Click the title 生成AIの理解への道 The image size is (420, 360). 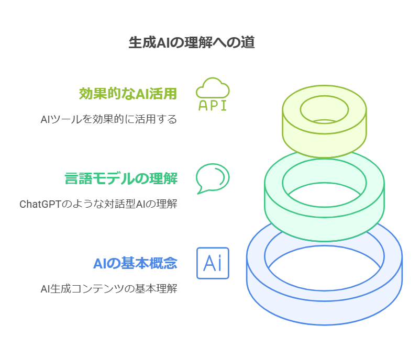click(x=192, y=42)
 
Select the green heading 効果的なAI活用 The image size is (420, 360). click(x=128, y=94)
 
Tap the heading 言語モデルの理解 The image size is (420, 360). click(x=121, y=178)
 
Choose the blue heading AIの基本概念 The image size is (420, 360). click(x=135, y=263)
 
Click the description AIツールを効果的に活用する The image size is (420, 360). click(x=109, y=119)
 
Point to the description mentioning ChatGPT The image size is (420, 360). click(x=98, y=204)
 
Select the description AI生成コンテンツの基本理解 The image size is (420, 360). click(x=109, y=289)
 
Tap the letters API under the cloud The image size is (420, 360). click(x=213, y=106)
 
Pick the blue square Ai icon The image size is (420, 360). click(x=213, y=263)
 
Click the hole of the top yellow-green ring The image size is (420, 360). click(x=324, y=110)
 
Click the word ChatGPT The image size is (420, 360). click(x=40, y=204)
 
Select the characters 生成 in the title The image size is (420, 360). click(x=142, y=42)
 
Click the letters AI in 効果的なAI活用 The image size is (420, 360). click(x=142, y=94)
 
